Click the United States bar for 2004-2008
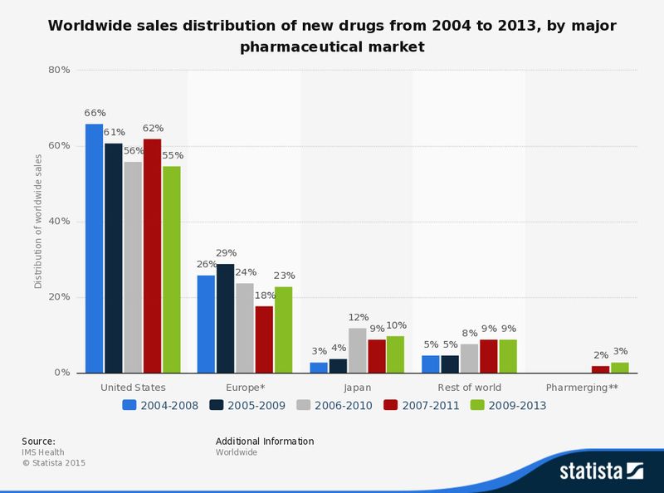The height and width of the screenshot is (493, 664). point(94,248)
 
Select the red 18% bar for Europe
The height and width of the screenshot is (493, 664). point(264,339)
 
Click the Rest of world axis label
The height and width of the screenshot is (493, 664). point(469,388)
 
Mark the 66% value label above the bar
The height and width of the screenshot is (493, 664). point(94,113)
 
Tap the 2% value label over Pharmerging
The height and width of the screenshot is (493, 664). point(600,355)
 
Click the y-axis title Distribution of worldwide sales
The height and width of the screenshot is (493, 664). point(38,222)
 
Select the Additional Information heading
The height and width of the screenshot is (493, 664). point(265,442)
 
